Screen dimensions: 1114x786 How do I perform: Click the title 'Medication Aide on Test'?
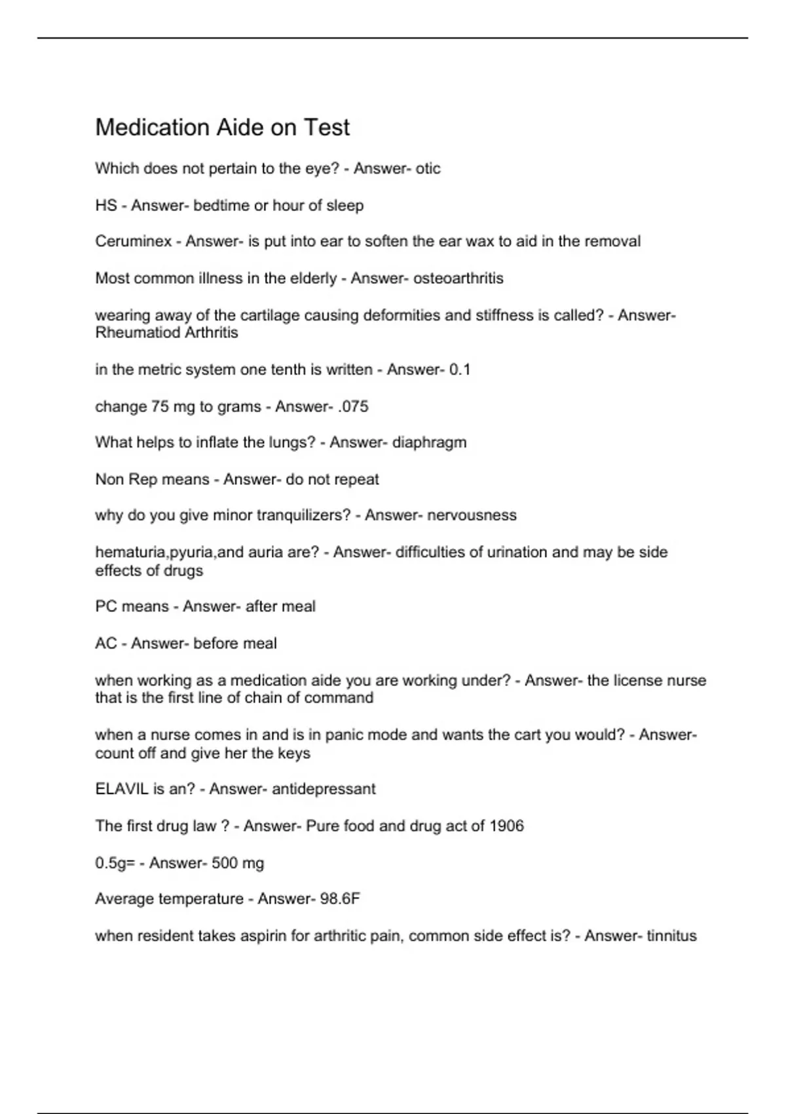tap(222, 127)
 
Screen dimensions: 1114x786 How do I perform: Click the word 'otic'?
tap(428, 168)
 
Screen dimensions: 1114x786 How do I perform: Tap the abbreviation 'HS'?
tap(105, 205)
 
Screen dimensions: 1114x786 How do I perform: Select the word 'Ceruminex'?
tap(133, 241)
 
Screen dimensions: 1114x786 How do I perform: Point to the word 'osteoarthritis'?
tap(458, 278)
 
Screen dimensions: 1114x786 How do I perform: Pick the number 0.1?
tap(460, 370)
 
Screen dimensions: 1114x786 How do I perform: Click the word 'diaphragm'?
tap(429, 442)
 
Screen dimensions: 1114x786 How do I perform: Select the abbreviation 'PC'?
tap(106, 606)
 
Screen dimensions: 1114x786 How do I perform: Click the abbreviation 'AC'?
tap(106, 643)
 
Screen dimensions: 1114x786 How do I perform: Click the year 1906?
tap(506, 826)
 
